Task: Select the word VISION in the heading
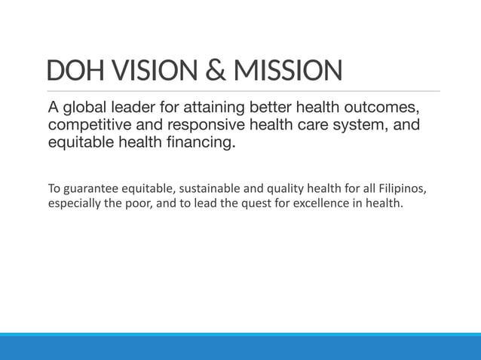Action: pyautogui.click(x=149, y=72)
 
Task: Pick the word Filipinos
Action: pyautogui.click(x=408, y=188)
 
